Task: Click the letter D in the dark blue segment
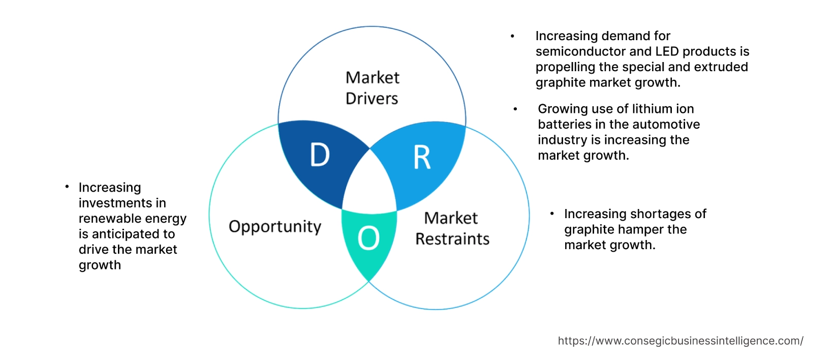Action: click(320, 155)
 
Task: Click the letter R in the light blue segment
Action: click(422, 158)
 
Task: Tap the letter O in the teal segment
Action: click(368, 238)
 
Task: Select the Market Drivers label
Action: click(372, 88)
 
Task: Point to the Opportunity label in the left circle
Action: click(275, 227)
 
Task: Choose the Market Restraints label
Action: click(452, 229)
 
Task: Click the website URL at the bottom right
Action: click(681, 341)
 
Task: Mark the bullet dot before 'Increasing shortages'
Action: click(552, 214)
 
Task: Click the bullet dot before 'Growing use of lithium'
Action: click(515, 109)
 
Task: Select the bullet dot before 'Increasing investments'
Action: click(67, 187)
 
